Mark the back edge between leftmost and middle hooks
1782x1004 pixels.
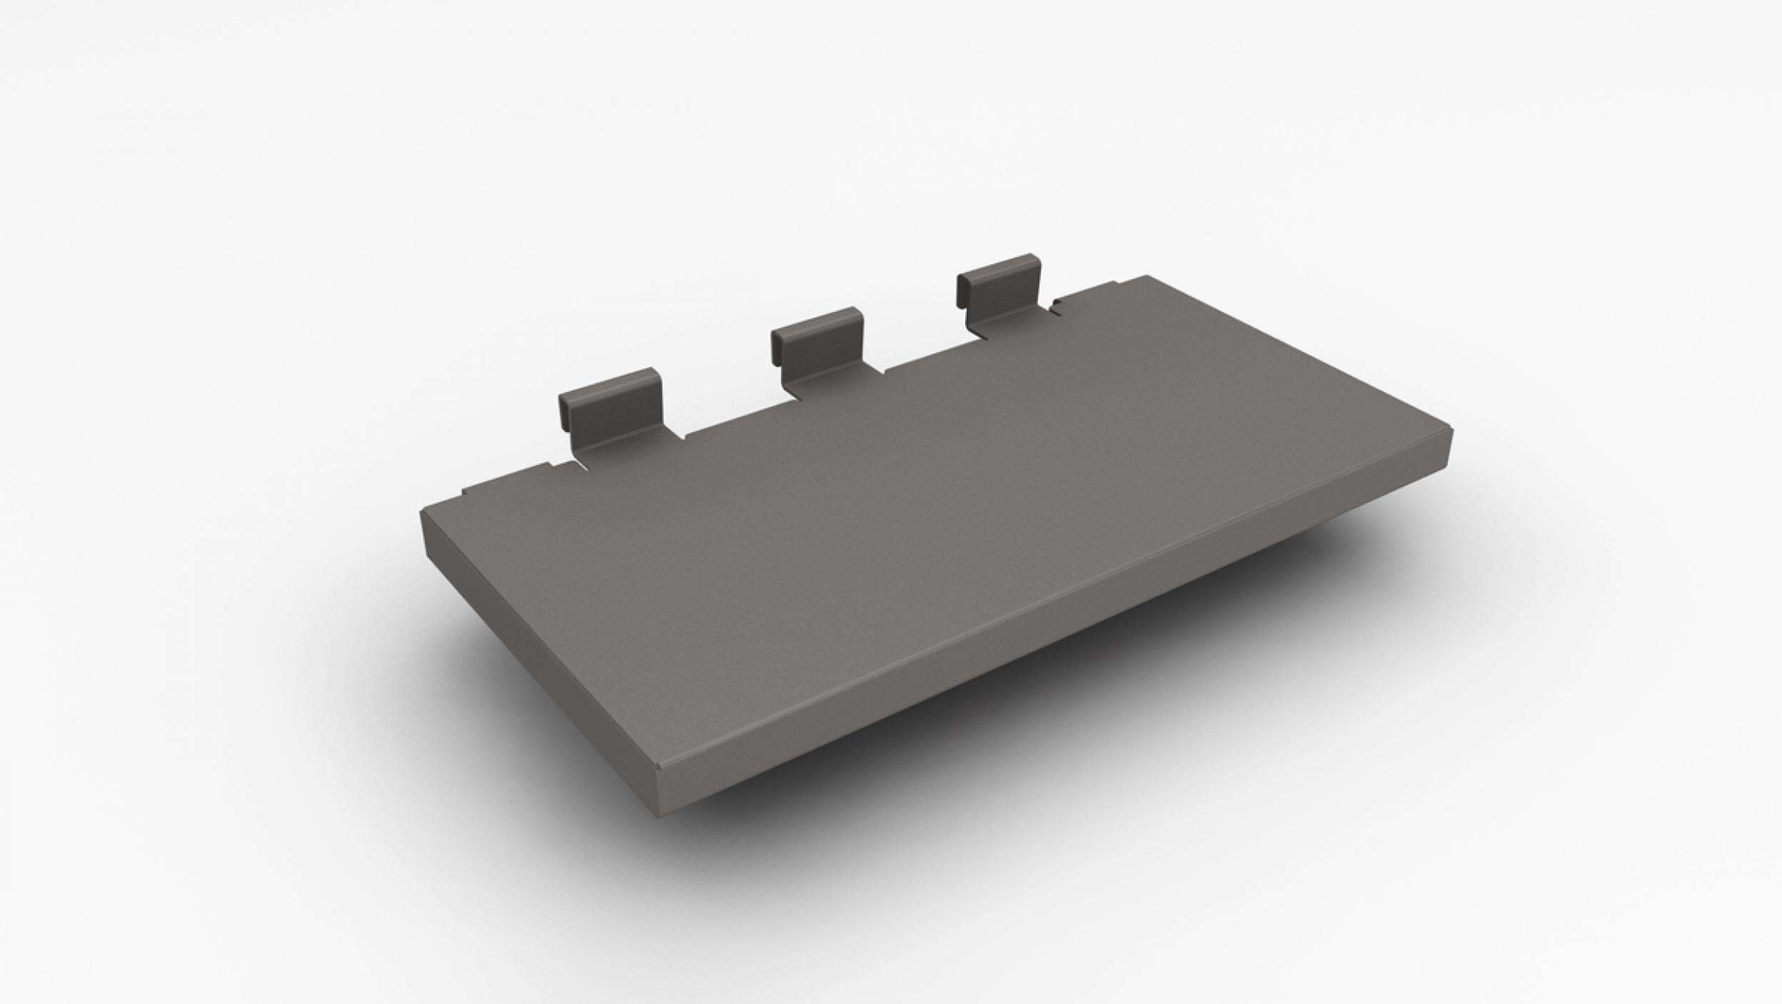pos(728,418)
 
